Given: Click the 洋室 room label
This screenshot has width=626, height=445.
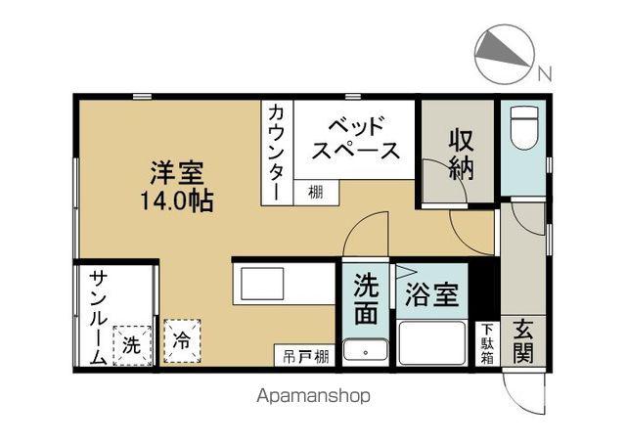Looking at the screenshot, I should [177, 175].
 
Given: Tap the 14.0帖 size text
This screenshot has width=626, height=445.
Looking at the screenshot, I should [177, 201].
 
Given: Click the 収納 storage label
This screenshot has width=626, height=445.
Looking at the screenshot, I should [462, 154].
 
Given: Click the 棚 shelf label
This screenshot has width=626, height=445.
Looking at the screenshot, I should [315, 193].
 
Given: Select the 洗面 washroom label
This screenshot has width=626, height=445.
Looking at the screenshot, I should [367, 297].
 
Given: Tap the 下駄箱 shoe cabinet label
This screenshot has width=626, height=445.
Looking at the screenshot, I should [486, 343].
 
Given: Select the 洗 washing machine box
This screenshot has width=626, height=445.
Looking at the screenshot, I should [132, 343].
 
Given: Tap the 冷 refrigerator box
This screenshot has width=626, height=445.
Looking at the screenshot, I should [181, 342].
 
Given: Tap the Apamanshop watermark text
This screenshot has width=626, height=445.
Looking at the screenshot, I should [314, 396].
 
